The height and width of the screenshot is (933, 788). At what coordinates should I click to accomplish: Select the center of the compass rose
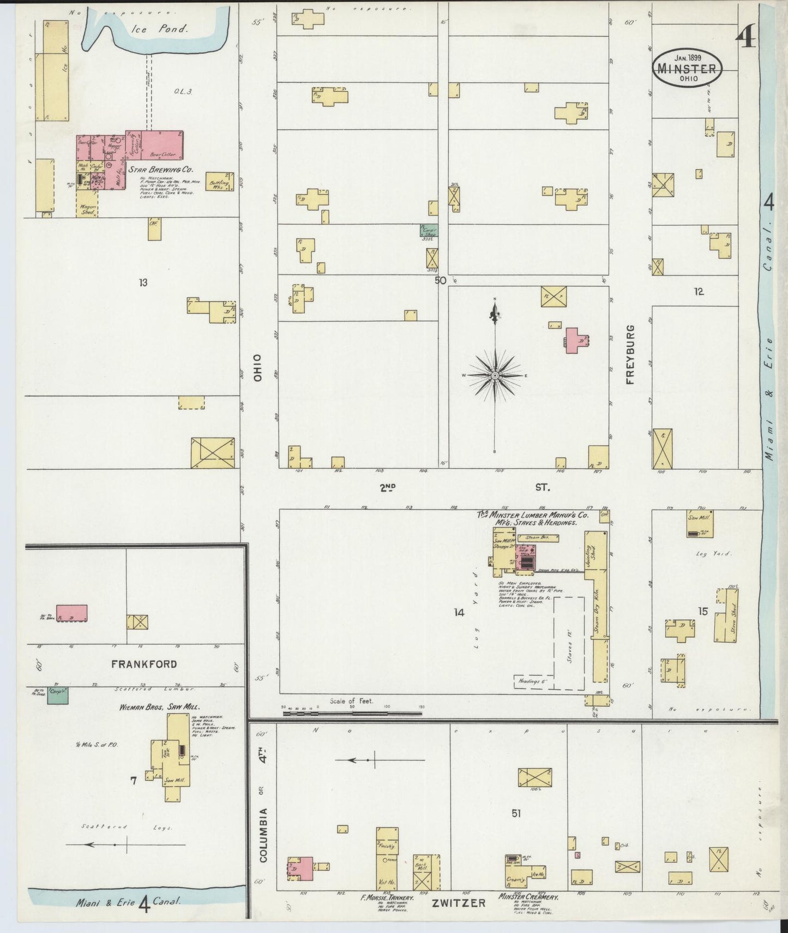(495, 376)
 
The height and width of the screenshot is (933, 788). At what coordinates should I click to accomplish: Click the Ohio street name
(257, 368)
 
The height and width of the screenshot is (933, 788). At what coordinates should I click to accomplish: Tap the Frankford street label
(144, 664)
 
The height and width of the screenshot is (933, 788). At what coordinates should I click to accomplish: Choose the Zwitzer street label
(458, 902)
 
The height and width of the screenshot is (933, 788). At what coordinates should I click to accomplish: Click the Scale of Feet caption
(351, 701)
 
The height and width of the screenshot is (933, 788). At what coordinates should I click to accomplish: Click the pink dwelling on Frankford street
(71, 613)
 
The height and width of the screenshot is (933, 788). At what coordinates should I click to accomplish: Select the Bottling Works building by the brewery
(220, 182)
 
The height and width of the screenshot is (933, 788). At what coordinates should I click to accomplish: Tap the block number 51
(516, 813)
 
